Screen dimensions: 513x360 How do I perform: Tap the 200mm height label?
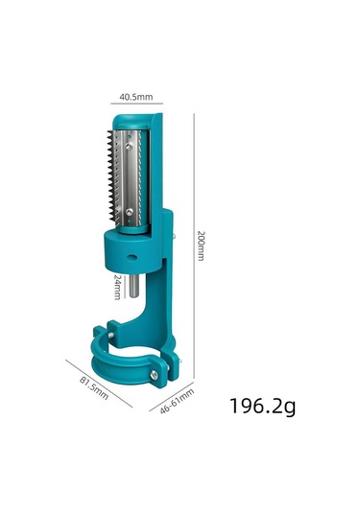coord(200,245)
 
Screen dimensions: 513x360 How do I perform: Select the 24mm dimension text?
coord(116,285)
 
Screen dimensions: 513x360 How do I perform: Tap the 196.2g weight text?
coord(262,406)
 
